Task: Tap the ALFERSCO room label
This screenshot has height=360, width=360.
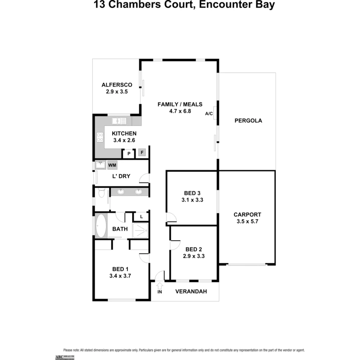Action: click(x=117, y=85)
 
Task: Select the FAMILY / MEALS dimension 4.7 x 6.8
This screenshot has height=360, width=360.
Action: click(x=180, y=111)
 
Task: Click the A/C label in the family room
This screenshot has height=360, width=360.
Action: click(x=209, y=114)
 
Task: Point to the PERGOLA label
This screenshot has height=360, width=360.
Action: click(x=248, y=121)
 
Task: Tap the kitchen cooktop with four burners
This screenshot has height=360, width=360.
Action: click(x=100, y=137)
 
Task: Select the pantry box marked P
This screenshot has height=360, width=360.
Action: click(x=128, y=154)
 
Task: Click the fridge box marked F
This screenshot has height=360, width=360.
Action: click(x=142, y=153)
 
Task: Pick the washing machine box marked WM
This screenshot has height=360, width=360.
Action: click(x=112, y=165)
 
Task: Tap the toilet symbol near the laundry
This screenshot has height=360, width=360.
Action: click(x=101, y=193)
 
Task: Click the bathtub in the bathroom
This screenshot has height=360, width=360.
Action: click(x=100, y=226)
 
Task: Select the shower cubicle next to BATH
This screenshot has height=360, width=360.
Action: click(x=140, y=230)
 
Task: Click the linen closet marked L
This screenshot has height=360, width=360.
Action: click(x=141, y=217)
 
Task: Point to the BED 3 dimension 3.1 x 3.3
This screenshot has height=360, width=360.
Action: click(x=192, y=200)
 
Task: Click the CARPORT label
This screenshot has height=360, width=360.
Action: click(x=247, y=215)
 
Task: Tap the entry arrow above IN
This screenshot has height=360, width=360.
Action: click(x=159, y=286)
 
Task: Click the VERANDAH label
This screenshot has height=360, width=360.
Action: click(x=191, y=291)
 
